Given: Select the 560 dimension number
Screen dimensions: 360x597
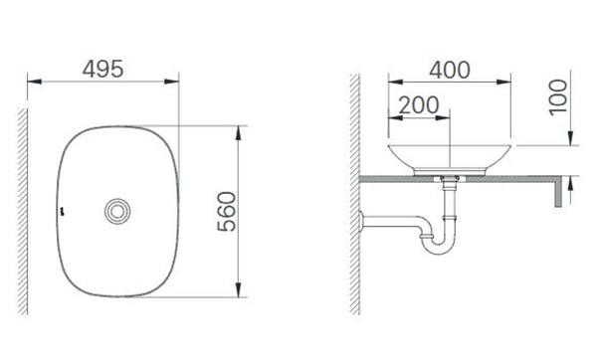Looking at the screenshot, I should (x=224, y=211).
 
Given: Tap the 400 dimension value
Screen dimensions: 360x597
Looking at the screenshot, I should (x=450, y=69).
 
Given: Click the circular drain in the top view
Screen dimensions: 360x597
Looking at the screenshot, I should (x=118, y=211).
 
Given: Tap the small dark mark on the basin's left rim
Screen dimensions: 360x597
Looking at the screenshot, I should (x=61, y=211).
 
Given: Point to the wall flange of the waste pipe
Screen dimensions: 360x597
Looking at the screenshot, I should (x=364, y=219).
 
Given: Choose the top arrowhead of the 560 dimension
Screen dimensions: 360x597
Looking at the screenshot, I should (x=239, y=130).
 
